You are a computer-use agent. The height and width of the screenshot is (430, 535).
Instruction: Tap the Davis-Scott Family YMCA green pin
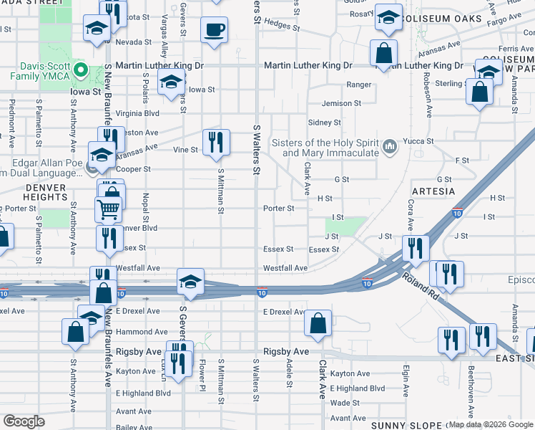click(81, 71)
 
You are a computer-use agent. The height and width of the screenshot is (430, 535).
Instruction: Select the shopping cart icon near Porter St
click(107, 209)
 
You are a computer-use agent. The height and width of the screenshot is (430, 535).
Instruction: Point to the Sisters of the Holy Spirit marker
click(390, 147)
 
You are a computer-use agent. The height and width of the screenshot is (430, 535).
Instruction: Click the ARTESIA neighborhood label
click(433, 191)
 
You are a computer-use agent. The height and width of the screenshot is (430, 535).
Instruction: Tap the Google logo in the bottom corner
click(24, 421)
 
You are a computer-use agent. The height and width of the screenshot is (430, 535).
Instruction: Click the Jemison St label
click(341, 103)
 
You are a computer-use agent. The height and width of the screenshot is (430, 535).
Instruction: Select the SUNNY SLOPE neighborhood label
click(401, 424)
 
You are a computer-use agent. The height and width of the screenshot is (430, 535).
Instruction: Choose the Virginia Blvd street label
click(137, 113)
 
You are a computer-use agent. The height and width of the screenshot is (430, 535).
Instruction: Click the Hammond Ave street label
click(142, 332)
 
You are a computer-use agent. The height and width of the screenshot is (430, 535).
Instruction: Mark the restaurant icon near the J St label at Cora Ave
click(415, 247)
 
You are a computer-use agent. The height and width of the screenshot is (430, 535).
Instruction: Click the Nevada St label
click(129, 42)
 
